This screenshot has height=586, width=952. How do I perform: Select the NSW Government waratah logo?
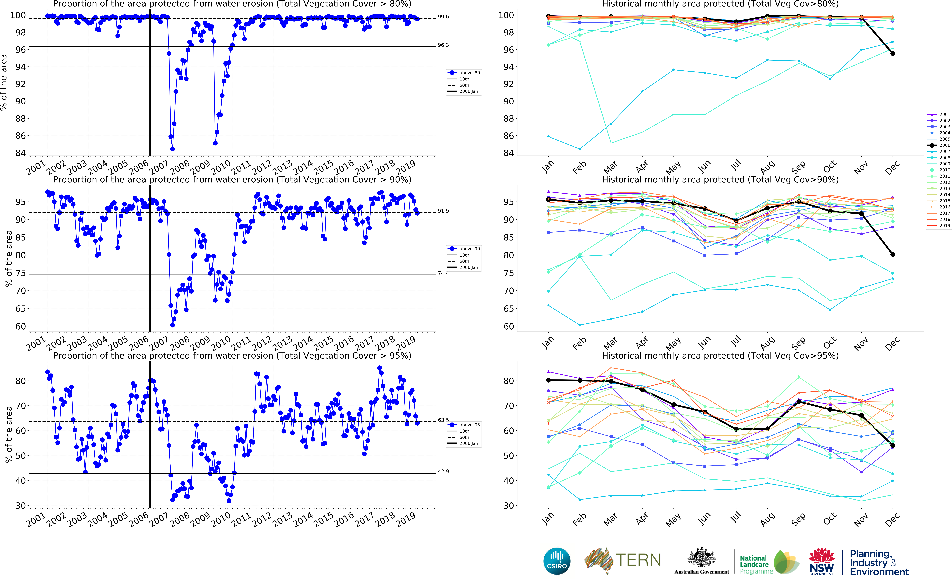pos(821,561)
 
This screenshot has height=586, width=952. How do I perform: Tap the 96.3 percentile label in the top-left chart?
pos(443,45)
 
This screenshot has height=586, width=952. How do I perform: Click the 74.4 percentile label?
pos(443,273)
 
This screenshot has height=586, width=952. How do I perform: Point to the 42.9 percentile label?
pos(443,471)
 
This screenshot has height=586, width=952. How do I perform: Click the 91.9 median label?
pos(443,211)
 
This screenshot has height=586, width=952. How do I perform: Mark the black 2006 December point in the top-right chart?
pos(892,53)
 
